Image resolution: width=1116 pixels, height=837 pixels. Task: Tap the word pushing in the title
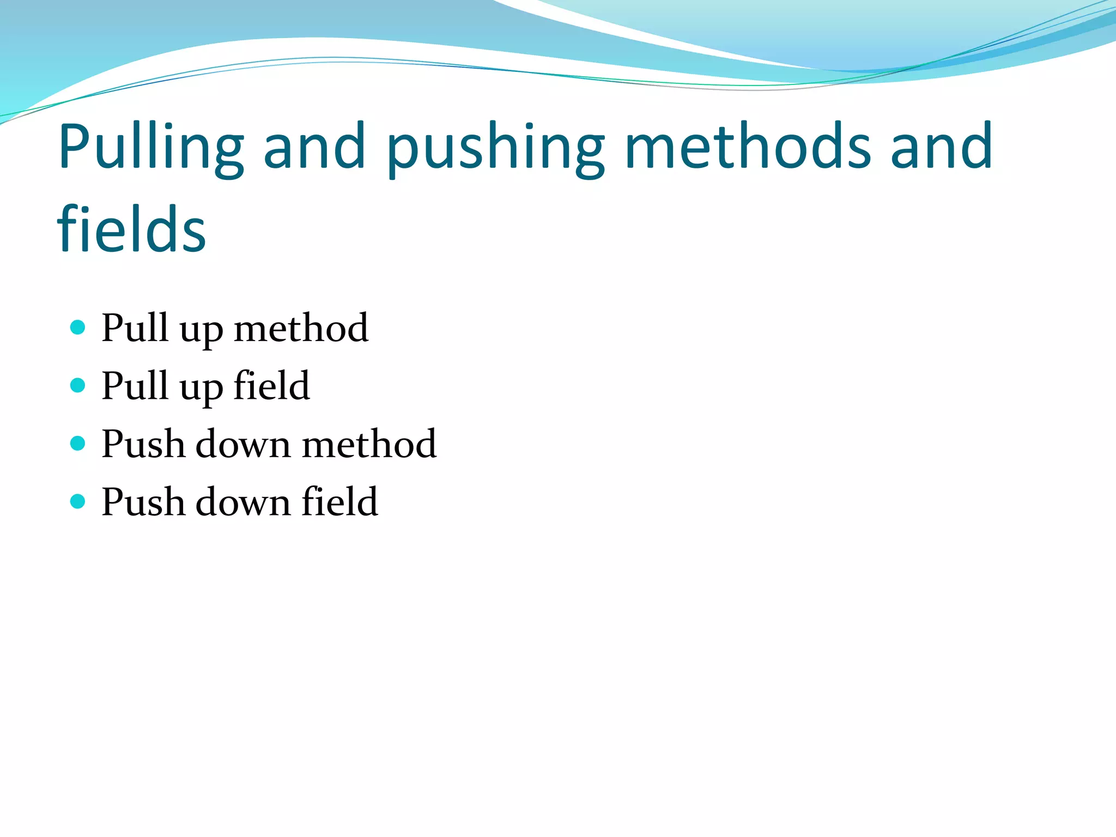click(495, 147)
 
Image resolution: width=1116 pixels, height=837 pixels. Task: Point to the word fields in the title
click(131, 229)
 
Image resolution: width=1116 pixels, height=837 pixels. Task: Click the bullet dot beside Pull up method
click(78, 327)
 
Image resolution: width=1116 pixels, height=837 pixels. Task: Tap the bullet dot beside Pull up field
click(78, 385)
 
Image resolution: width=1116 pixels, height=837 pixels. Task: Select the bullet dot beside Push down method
click(78, 443)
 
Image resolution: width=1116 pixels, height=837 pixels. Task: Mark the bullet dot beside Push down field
click(78, 501)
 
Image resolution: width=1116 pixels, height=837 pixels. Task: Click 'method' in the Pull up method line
click(301, 328)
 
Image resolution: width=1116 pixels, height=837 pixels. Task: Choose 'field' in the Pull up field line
click(271, 386)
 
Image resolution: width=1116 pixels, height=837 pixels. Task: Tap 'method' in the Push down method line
click(369, 444)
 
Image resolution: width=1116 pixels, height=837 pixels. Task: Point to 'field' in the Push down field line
click(339, 501)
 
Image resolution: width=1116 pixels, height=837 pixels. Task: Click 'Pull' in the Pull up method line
click(135, 328)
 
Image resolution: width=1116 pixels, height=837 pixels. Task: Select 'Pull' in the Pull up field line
click(135, 386)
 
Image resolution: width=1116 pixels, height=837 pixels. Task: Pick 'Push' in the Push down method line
click(143, 444)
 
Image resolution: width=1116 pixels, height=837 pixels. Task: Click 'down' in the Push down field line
click(242, 501)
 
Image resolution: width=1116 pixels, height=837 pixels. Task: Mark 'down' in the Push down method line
click(242, 444)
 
